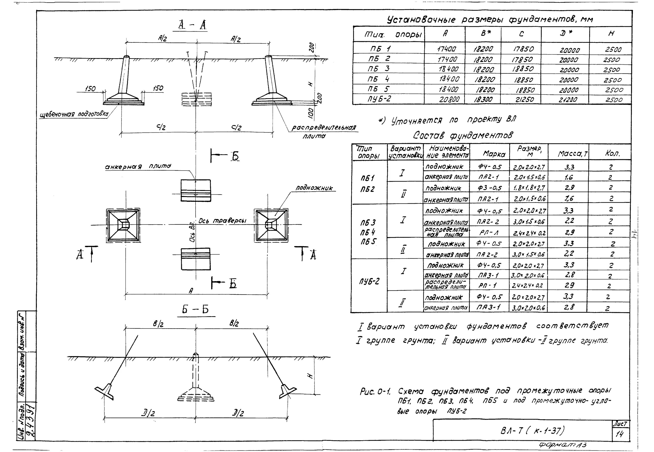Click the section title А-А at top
192,26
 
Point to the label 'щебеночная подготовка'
74,114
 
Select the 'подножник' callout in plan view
314,188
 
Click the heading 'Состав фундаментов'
462,136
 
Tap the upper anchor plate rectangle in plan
196,190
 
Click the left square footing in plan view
123,225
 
